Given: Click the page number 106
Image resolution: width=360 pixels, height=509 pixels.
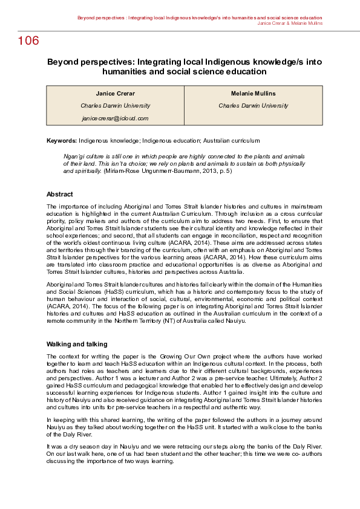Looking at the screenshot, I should tap(28, 41).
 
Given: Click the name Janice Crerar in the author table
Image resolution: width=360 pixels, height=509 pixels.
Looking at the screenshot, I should tap(115, 94).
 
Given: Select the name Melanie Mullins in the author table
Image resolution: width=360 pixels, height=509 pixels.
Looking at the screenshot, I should tap(253, 94).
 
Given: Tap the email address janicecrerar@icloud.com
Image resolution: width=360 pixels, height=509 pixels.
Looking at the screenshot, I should tap(115, 118).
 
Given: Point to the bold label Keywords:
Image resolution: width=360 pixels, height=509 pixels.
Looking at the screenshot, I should tap(62, 140).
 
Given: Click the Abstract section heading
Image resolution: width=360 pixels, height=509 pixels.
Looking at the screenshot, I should tap(60, 194).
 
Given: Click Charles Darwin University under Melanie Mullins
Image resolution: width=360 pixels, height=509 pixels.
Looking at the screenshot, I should tap(253, 106).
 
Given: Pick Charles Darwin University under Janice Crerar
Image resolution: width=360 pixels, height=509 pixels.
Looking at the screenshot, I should tap(115, 106).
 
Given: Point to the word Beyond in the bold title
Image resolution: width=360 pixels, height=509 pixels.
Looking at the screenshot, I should tap(63, 62).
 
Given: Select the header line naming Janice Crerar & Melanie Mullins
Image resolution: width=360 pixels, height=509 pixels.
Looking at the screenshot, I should tap(289, 24).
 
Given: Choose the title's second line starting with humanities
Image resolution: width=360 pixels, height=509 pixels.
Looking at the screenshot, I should tap(184, 71).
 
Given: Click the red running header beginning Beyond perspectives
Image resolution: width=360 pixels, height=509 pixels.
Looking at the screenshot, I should tap(199, 18).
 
